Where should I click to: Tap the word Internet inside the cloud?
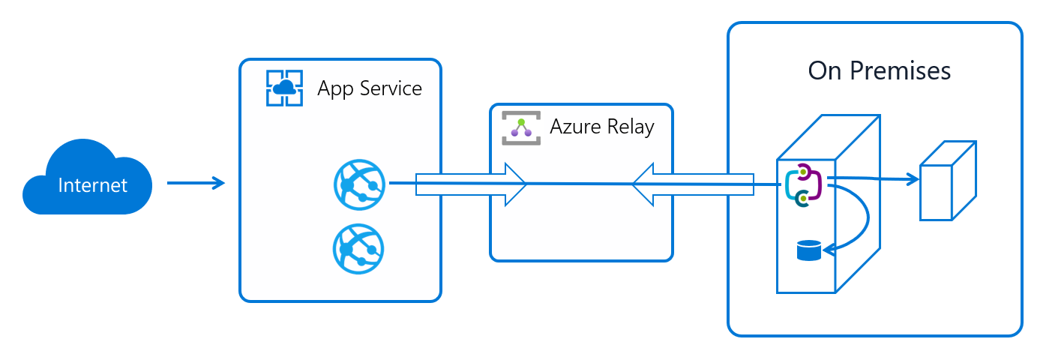[92, 185]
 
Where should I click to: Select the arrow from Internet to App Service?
[196, 182]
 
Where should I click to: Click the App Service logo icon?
[284, 88]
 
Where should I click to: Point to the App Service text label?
[370, 88]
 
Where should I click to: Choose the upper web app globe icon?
[358, 183]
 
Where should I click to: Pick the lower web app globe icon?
[358, 248]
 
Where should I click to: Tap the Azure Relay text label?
[602, 127]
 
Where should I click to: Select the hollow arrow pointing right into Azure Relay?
[472, 184]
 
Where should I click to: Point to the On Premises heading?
[879, 70]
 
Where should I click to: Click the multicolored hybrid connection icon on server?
[803, 185]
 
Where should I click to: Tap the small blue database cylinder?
[808, 250]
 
